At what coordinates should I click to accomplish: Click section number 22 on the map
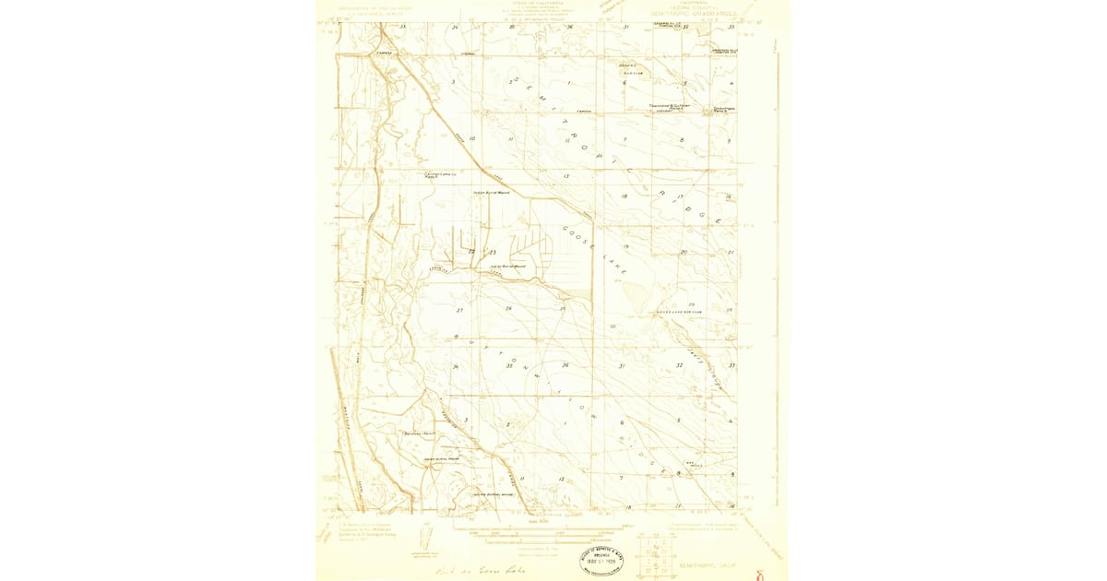pos(471,252)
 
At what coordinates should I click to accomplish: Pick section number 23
pos(493,252)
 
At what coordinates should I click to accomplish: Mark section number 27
pos(459,310)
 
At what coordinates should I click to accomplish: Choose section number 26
pos(508,307)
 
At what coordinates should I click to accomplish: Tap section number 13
pos(565,175)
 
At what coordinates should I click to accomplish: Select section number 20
pos(684,251)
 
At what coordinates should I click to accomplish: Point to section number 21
pos(730,252)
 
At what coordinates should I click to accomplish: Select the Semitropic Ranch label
pos(722,111)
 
